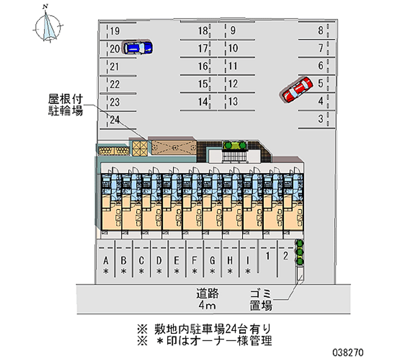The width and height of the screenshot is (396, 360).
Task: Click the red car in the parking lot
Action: coord(297,89)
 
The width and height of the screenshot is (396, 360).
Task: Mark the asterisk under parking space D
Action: coord(159,271)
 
